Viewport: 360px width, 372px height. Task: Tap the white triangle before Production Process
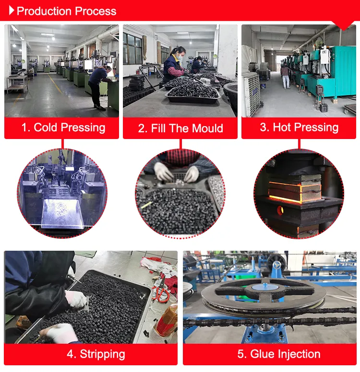tap(12, 11)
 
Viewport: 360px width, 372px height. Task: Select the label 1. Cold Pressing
tap(62, 128)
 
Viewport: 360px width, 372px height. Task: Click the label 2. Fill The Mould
tap(180, 128)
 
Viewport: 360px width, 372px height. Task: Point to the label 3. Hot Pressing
tap(299, 128)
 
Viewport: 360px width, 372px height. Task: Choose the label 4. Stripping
tap(96, 354)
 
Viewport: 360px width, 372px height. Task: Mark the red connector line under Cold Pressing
tap(62, 144)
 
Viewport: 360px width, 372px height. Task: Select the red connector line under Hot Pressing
tap(299, 144)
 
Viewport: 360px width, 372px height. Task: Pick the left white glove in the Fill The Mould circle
tap(163, 171)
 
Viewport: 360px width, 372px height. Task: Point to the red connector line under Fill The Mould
tap(180, 144)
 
